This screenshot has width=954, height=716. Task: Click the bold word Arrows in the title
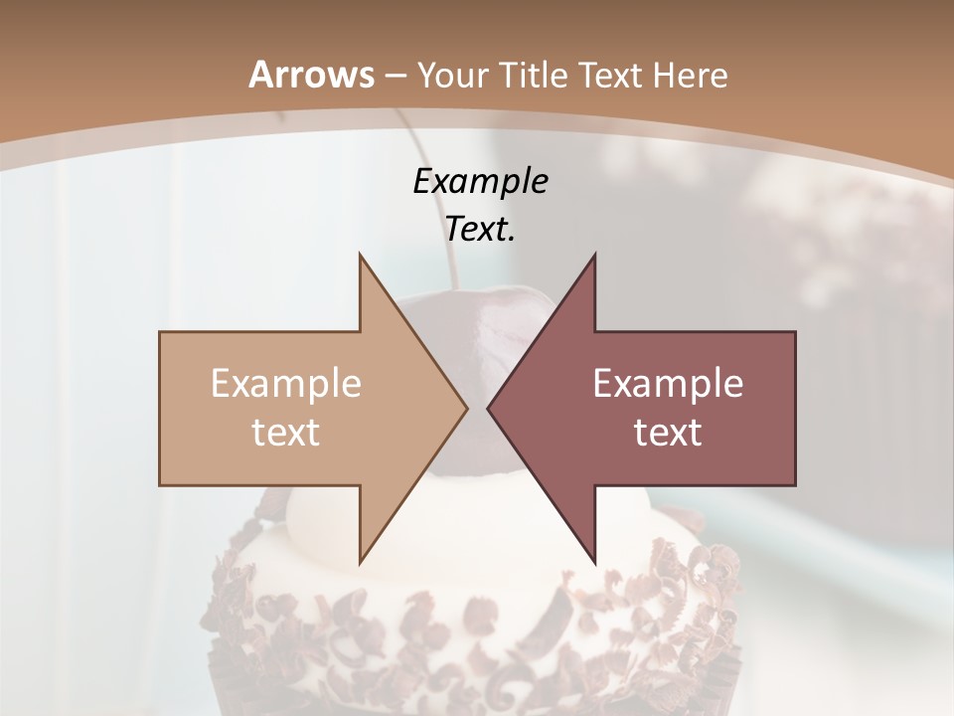[312, 75]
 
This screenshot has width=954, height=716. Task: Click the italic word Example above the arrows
[480, 182]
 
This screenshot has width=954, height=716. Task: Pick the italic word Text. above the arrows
[480, 230]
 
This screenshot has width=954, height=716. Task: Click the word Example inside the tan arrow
[286, 384]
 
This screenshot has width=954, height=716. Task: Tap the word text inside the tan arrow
[286, 433]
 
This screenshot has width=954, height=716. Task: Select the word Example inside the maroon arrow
[668, 384]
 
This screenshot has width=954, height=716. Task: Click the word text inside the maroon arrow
[668, 433]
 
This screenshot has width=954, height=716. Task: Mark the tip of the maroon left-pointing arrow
[489, 409]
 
